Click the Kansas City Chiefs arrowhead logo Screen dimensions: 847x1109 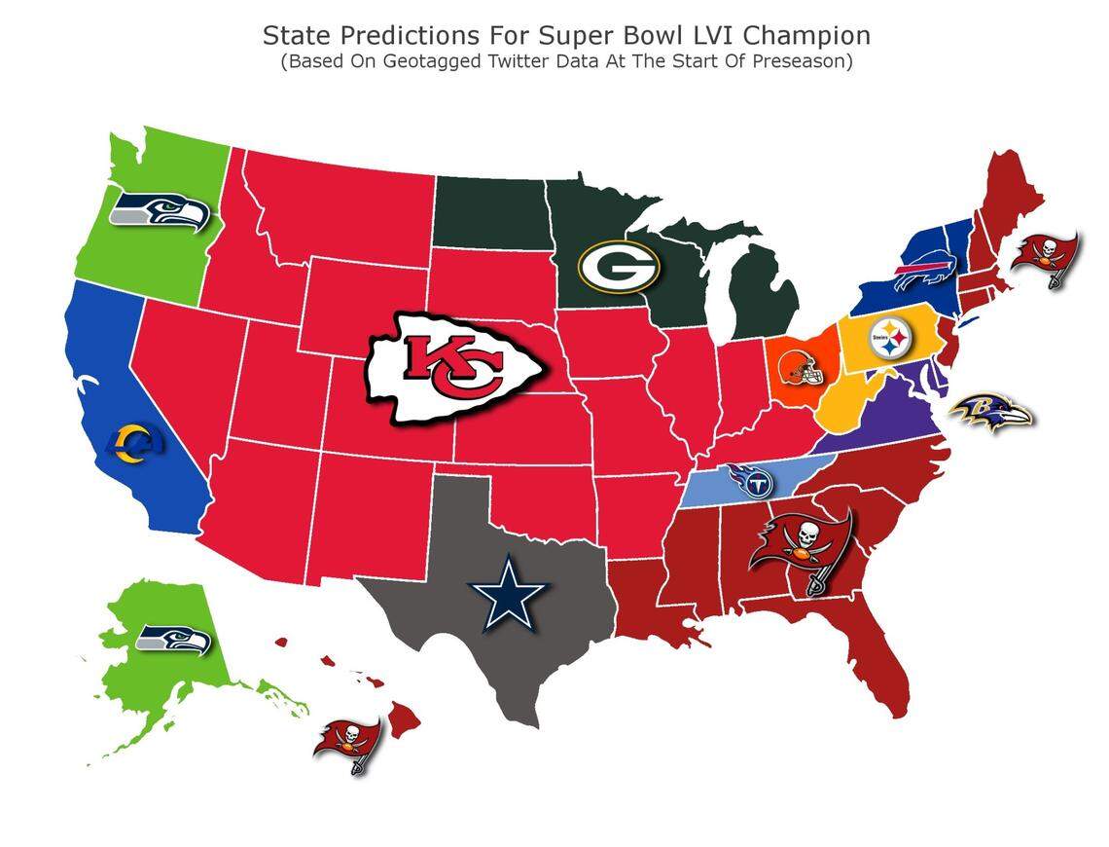(x=452, y=368)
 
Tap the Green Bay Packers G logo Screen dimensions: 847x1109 (x=619, y=266)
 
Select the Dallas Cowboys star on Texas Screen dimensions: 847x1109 (x=510, y=592)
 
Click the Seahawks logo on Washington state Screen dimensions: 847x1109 (x=161, y=211)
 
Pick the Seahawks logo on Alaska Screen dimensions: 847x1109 (x=174, y=639)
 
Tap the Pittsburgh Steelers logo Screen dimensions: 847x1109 (x=889, y=340)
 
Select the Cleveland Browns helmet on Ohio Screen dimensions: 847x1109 (x=800, y=367)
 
